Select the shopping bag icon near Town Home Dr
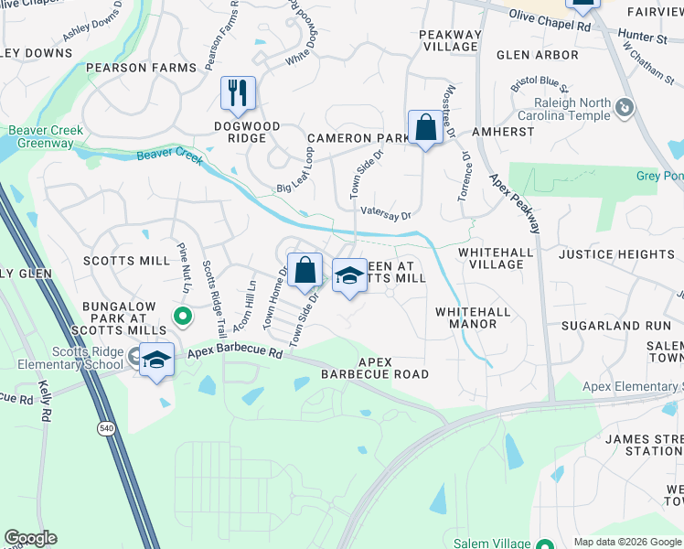pyautogui.click(x=305, y=269)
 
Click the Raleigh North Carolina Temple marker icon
pyautogui.click(x=625, y=108)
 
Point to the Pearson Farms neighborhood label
pyautogui.click(x=141, y=68)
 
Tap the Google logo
pyautogui.click(x=30, y=538)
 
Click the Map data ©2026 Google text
pyautogui.click(x=626, y=542)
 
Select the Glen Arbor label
pyautogui.click(x=538, y=55)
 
